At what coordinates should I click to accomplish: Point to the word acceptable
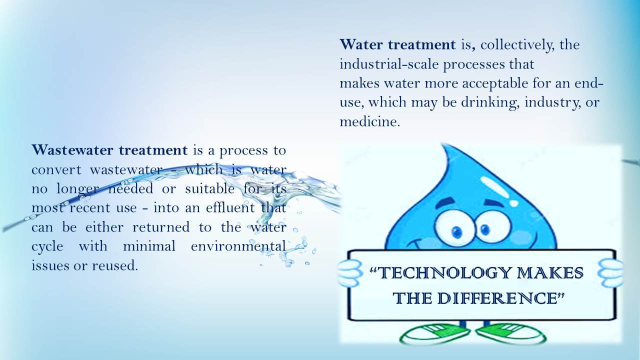click(x=495, y=83)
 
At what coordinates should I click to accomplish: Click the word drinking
click(x=490, y=102)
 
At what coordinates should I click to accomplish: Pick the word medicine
click(x=369, y=122)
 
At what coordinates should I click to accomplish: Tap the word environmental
click(x=238, y=246)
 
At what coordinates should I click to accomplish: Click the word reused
click(x=115, y=265)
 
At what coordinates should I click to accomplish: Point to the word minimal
click(x=149, y=246)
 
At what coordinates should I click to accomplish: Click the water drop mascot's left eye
click(x=455, y=227)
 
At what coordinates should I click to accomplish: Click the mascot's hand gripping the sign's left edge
click(x=349, y=273)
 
